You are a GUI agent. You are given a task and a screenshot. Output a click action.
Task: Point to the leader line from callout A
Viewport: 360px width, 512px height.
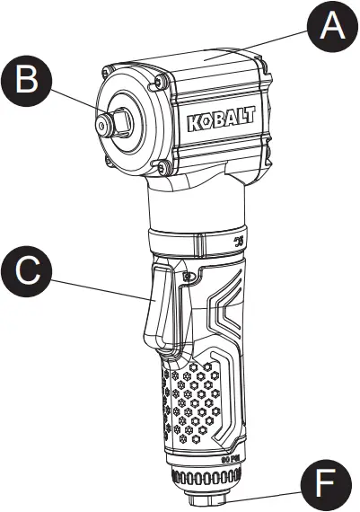pyautogui.click(x=260, y=50)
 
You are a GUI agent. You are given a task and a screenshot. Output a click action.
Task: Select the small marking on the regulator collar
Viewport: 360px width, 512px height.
pyautogui.click(x=237, y=243)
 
